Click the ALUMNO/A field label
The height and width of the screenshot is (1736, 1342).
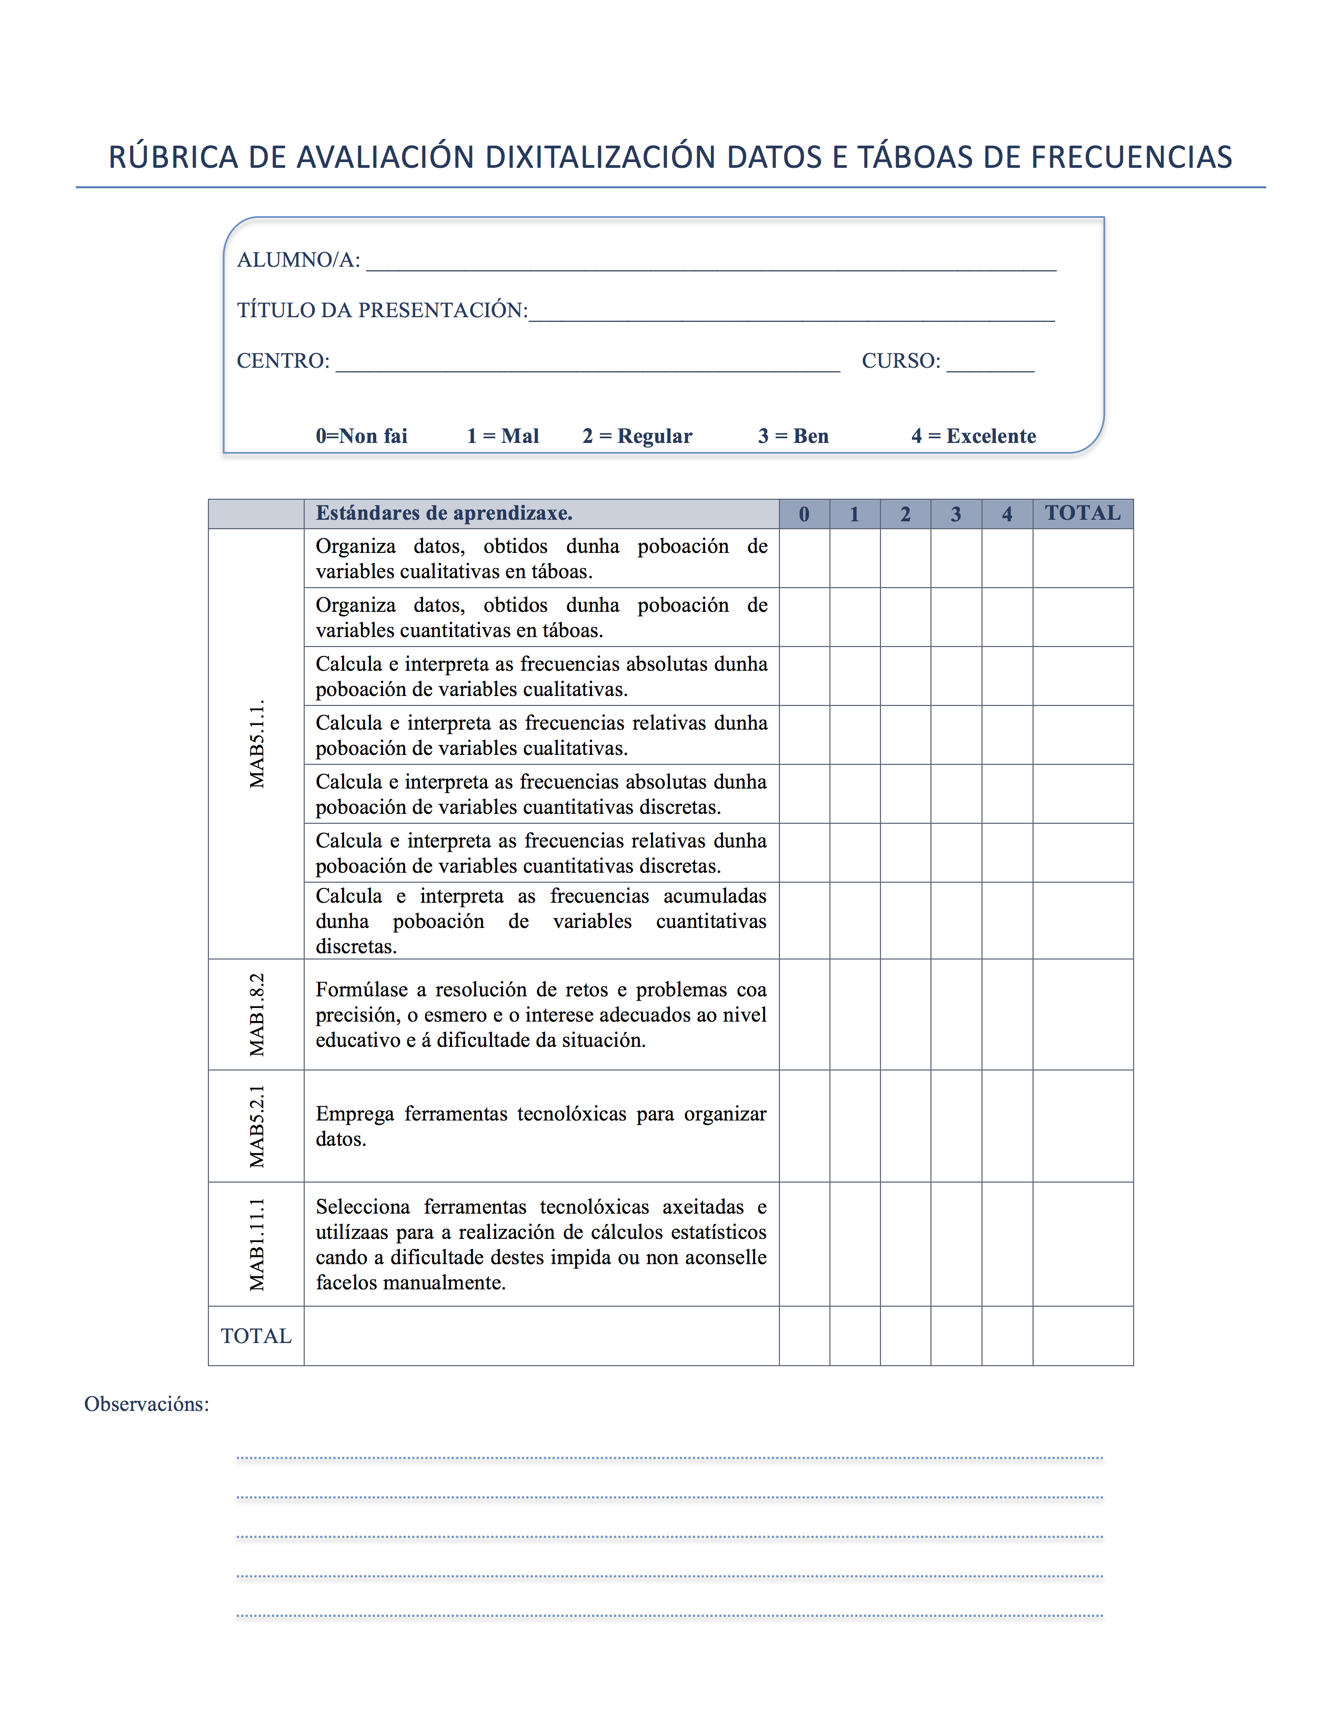pyautogui.click(x=298, y=260)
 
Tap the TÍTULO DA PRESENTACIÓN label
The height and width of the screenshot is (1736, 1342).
pyautogui.click(x=382, y=310)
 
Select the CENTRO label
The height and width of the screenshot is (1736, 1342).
pyautogui.click(x=283, y=361)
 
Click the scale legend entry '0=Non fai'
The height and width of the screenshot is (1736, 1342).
pyautogui.click(x=361, y=437)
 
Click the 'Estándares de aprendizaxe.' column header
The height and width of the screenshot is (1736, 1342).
pyautogui.click(x=444, y=513)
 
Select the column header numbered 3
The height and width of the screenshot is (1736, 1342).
pyautogui.click(x=956, y=514)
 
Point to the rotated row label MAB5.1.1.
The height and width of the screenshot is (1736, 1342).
pyautogui.click(x=257, y=744)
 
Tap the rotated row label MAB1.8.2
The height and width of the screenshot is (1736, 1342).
pyautogui.click(x=257, y=1015)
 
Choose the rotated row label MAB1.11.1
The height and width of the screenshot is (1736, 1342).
pyautogui.click(x=257, y=1244)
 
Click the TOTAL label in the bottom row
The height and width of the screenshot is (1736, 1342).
pyautogui.click(x=256, y=1336)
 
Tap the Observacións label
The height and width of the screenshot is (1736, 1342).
pyautogui.click(x=146, y=1405)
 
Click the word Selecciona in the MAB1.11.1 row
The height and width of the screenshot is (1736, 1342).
pyautogui.click(x=363, y=1207)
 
